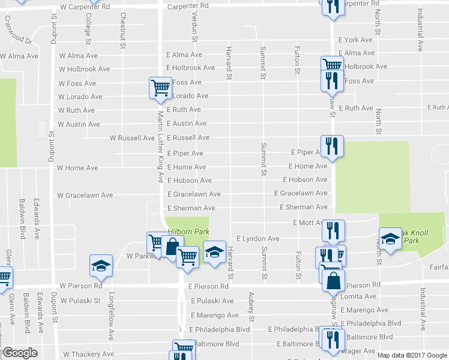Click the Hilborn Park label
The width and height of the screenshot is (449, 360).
coord(188,230)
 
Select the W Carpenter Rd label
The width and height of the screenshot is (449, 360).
coord(85,6)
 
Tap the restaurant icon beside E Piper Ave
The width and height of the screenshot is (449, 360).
coord(330,145)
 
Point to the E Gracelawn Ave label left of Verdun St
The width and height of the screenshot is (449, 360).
coord(194,194)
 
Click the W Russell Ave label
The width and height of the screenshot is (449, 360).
coord(132,138)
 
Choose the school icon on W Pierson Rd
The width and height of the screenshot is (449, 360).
coord(101,266)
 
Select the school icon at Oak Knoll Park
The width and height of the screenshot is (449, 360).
coord(390,239)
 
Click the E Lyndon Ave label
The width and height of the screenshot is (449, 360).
coord(258,239)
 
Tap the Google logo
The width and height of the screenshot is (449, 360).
coord(20,353)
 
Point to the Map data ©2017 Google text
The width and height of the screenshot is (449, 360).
coord(411,355)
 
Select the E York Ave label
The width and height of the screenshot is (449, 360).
coord(356,40)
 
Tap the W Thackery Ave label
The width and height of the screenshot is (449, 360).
coord(88,355)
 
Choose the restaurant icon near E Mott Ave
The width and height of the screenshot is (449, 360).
coord(333,229)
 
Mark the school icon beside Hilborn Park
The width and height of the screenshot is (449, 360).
coord(214,251)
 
